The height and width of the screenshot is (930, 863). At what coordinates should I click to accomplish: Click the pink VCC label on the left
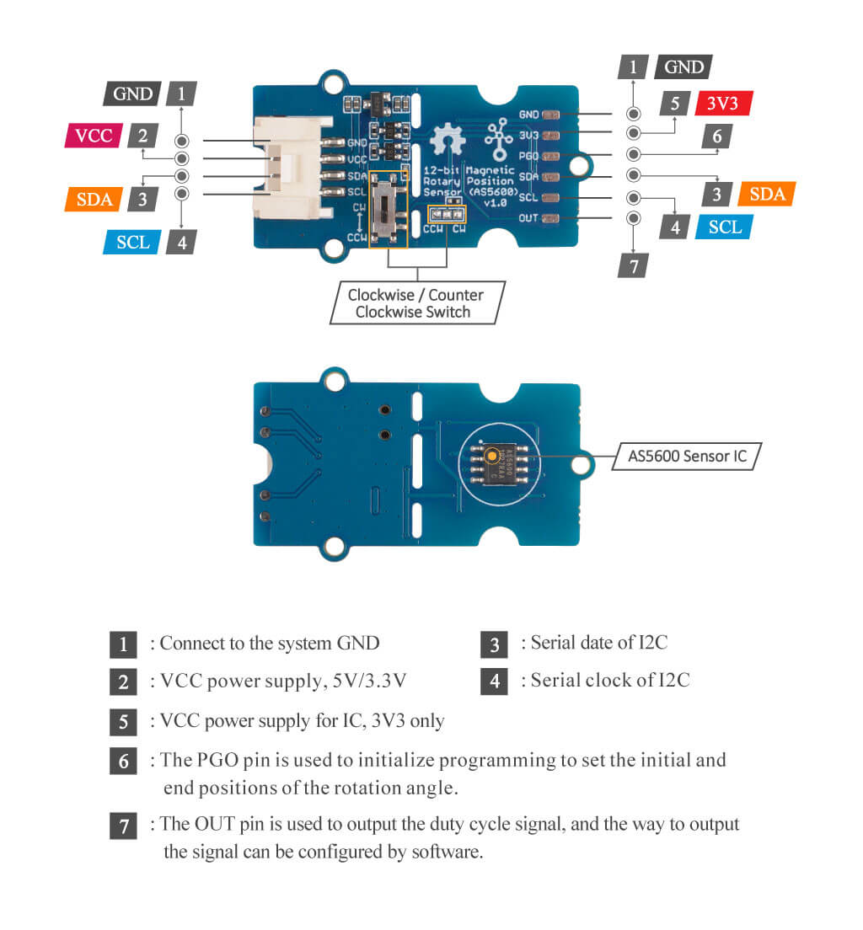94,136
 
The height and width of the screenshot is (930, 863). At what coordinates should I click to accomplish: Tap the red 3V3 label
723,104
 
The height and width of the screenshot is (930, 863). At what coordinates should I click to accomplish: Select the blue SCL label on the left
132,242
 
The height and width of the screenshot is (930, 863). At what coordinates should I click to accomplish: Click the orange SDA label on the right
766,194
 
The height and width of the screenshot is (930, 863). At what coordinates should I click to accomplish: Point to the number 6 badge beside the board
716,136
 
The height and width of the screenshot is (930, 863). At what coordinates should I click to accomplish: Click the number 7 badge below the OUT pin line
633,266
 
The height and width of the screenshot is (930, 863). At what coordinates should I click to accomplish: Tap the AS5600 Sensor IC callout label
687,457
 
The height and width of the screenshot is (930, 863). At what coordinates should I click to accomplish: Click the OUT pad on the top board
552,219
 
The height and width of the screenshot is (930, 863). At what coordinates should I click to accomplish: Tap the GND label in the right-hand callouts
683,67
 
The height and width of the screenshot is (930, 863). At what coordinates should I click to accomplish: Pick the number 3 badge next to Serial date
494,644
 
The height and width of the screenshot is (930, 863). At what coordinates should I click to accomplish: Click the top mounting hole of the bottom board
335,382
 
